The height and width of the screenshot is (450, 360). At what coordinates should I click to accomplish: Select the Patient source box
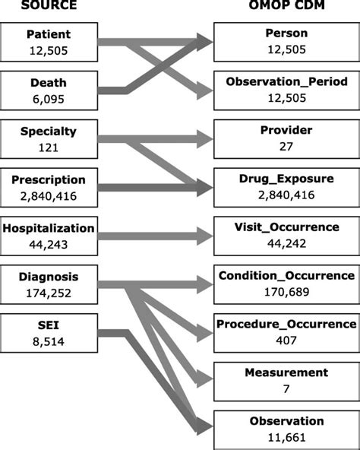coord(49,43)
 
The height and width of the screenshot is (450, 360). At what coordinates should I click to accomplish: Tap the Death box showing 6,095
coord(49,90)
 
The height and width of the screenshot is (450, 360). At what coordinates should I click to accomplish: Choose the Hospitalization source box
coord(49,235)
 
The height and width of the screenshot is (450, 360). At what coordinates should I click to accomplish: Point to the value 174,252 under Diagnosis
coord(49,290)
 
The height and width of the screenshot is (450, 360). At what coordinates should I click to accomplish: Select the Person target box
coord(286,43)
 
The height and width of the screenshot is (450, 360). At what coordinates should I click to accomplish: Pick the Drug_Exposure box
coord(286,186)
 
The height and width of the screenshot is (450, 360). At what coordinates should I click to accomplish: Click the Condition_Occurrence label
coord(286,275)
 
